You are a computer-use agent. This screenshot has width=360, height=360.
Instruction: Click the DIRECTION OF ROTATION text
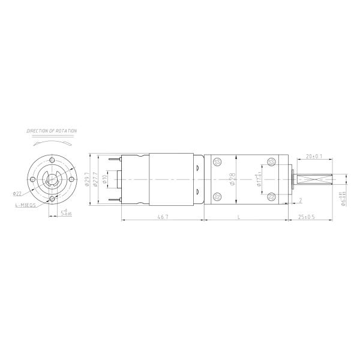pyautogui.click(x=52, y=130)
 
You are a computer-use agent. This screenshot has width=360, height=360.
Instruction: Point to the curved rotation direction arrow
pyautogui.click(x=52, y=143)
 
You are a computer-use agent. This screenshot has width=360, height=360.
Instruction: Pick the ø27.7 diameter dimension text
pyautogui.click(x=95, y=179)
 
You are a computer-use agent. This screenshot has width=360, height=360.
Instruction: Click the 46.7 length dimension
pyautogui.click(x=162, y=217)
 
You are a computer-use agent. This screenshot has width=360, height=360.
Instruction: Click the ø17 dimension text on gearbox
pyautogui.click(x=259, y=179)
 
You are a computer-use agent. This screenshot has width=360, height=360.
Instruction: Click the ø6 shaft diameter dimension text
pyautogui.click(x=343, y=199)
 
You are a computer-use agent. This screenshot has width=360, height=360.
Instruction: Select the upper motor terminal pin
pyautogui.click(x=114, y=159)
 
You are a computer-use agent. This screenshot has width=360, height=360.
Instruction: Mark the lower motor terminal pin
pyautogui.click(x=114, y=199)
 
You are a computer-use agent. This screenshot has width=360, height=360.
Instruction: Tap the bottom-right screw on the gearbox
pyautogui.click(x=273, y=196)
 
